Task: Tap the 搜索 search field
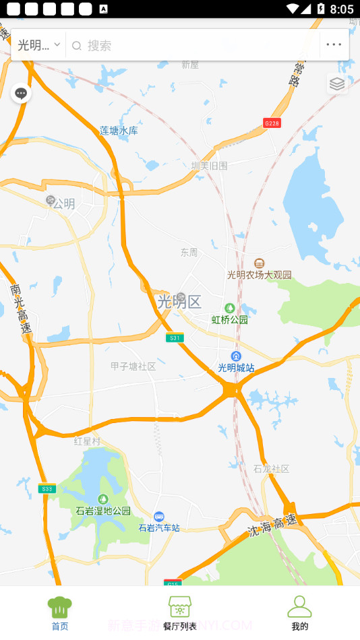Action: [196, 45]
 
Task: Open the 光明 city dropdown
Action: [39, 45]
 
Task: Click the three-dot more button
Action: [334, 45]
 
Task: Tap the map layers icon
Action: [337, 84]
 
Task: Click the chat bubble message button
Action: [21, 93]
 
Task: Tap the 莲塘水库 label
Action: [119, 131]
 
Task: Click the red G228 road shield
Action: [272, 123]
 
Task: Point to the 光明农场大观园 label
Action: [260, 274]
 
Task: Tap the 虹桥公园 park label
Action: [230, 319]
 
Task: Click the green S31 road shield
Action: [175, 338]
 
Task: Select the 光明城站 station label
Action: [236, 367]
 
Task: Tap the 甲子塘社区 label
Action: [133, 366]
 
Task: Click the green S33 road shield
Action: [47, 489]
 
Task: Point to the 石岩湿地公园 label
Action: [103, 511]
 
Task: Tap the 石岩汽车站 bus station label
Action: [159, 527]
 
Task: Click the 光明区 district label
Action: [179, 301]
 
